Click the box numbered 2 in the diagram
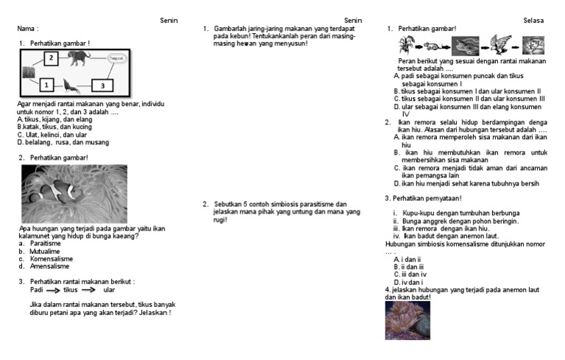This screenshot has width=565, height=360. click(51, 58)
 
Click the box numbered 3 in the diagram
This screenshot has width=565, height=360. click(103, 85)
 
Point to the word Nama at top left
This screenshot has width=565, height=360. click(28, 29)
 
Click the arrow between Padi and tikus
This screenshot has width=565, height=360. click(54, 290)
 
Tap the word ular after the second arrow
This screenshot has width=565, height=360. click(110, 289)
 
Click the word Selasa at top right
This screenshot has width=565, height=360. click(533, 21)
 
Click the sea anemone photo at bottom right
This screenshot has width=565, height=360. click(406, 320)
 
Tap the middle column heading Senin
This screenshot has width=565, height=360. click(353, 21)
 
